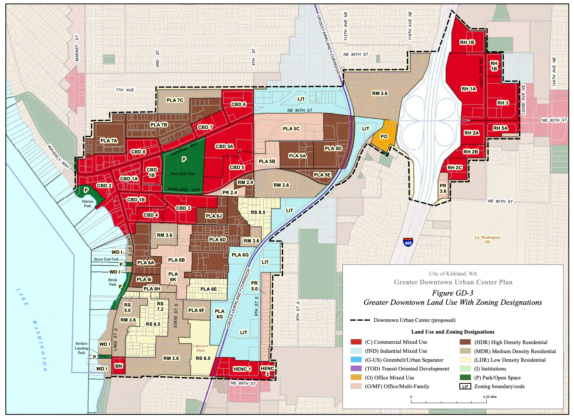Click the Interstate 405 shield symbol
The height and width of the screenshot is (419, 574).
pyautogui.click(x=408, y=242)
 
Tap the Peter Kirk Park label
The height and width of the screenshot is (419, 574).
pyautogui.click(x=183, y=174)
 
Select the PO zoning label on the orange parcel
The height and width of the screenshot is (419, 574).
pyautogui.click(x=384, y=137)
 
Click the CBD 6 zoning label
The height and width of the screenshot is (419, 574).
pyautogui.click(x=239, y=104)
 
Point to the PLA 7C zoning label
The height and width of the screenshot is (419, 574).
pyautogui.click(x=175, y=100)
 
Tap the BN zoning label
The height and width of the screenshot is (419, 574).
pyautogui.click(x=119, y=366)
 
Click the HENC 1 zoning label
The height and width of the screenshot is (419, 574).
pyautogui.click(x=242, y=369)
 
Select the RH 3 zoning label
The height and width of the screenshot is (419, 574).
pyautogui.click(x=503, y=103)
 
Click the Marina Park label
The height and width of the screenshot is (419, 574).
pyautogui.click(x=88, y=204)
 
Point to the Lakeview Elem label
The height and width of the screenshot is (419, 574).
pyautogui.click(x=201, y=348)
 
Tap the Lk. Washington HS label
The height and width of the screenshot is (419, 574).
pyautogui.click(x=488, y=239)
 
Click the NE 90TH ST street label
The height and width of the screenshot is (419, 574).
pyautogui.click(x=356, y=54)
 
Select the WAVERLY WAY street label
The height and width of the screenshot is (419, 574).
pyautogui.click(x=59, y=156)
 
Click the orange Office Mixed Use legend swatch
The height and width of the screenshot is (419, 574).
pyautogui.click(x=356, y=377)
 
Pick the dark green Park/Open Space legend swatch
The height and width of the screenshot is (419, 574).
pyautogui.click(x=465, y=377)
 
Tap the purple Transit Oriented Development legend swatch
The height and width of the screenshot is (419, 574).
pyautogui.click(x=356, y=368)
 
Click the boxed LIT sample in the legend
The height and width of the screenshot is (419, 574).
pyautogui.click(x=465, y=386)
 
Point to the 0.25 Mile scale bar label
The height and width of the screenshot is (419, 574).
pyautogui.click(x=490, y=397)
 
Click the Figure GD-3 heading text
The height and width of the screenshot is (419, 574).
pyautogui.click(x=452, y=293)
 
